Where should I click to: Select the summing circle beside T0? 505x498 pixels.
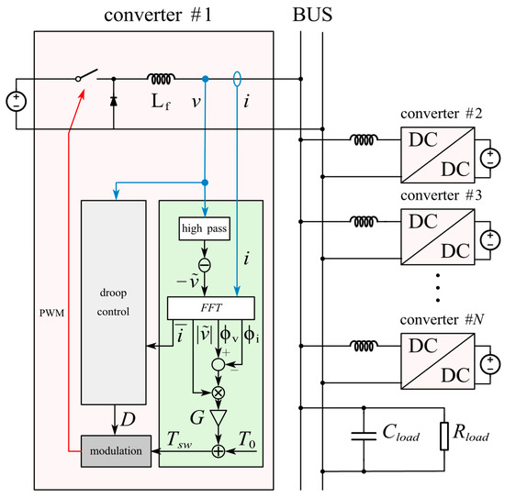click(218, 450)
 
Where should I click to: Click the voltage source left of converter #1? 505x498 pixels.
click(16, 101)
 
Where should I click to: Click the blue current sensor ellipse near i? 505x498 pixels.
click(238, 80)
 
